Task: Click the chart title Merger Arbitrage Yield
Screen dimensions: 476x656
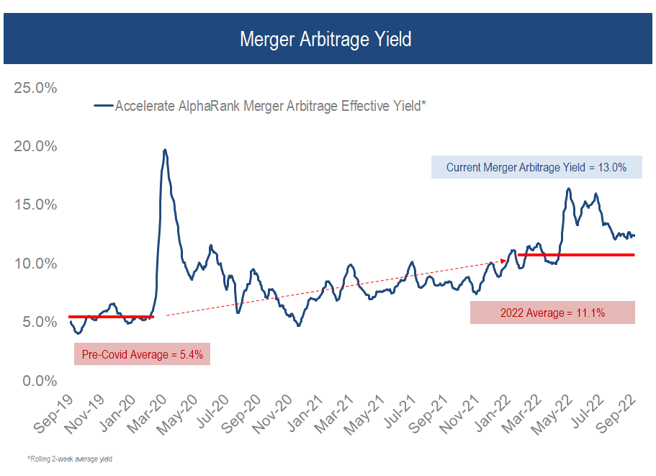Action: pyautogui.click(x=325, y=39)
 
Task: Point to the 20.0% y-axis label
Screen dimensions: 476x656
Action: pyautogui.click(x=35, y=146)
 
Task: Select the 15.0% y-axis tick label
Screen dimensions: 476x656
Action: pyautogui.click(x=35, y=205)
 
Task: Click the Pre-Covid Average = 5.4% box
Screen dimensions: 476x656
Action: pyautogui.click(x=142, y=354)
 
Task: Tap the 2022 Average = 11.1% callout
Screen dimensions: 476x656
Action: pyautogui.click(x=552, y=313)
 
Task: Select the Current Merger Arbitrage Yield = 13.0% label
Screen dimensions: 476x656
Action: pyautogui.click(x=536, y=168)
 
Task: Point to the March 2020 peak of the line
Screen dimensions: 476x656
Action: pyautogui.click(x=165, y=150)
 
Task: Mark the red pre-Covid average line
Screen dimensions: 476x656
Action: pyautogui.click(x=111, y=316)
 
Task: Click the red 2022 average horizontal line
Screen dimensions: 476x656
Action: pyautogui.click(x=576, y=255)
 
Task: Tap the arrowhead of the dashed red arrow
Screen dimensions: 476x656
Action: pyautogui.click(x=503, y=261)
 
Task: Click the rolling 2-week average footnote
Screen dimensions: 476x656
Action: pyautogui.click(x=70, y=458)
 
